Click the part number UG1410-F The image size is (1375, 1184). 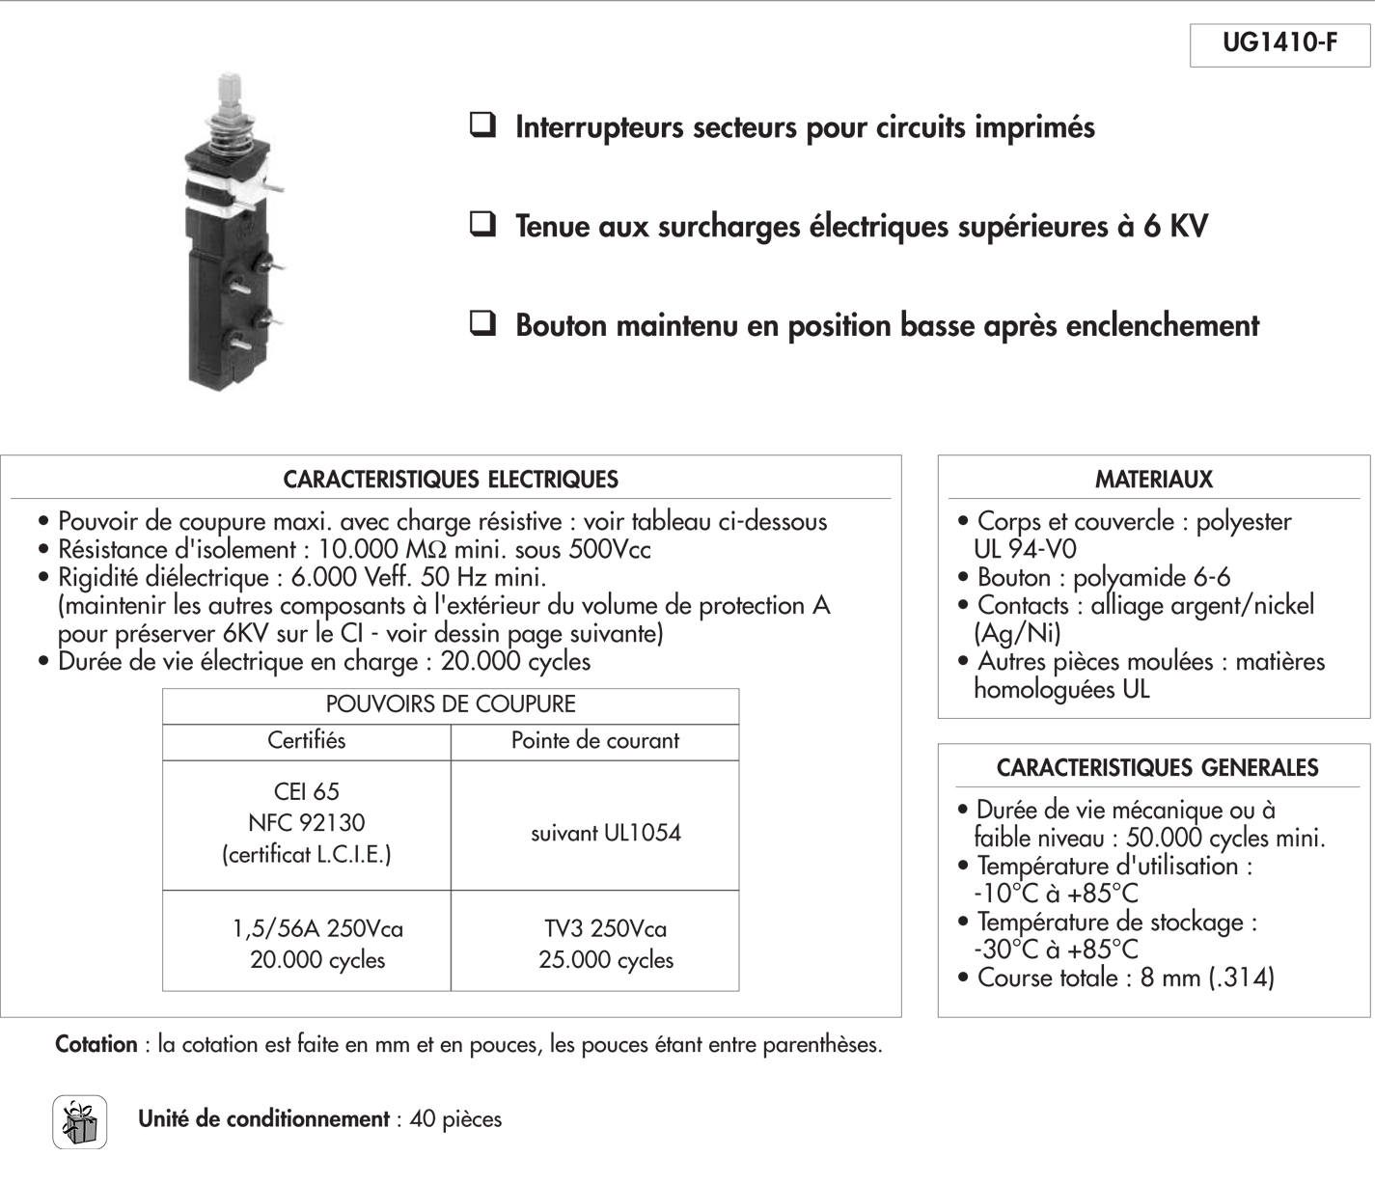[1279, 44]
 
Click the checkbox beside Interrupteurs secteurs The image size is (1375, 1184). [482, 125]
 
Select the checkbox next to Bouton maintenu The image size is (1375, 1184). [482, 323]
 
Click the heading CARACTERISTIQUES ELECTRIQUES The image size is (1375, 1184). [451, 480]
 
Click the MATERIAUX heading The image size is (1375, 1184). [1153, 480]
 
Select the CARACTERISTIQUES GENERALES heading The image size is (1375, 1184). [1157, 768]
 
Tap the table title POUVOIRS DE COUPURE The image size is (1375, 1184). [451, 704]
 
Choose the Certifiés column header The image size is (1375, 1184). [306, 741]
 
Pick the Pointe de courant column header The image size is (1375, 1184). [594, 741]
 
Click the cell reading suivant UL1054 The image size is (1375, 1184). [605, 834]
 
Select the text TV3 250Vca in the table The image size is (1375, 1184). [605, 929]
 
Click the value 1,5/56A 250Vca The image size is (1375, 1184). [317, 929]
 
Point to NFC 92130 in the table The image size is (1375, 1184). [306, 823]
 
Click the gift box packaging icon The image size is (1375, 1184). [80, 1122]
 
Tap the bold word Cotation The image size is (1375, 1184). [96, 1045]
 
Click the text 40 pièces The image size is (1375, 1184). [455, 1119]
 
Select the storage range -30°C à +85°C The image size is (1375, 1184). [1056, 950]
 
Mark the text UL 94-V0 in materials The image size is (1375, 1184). [1025, 549]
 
